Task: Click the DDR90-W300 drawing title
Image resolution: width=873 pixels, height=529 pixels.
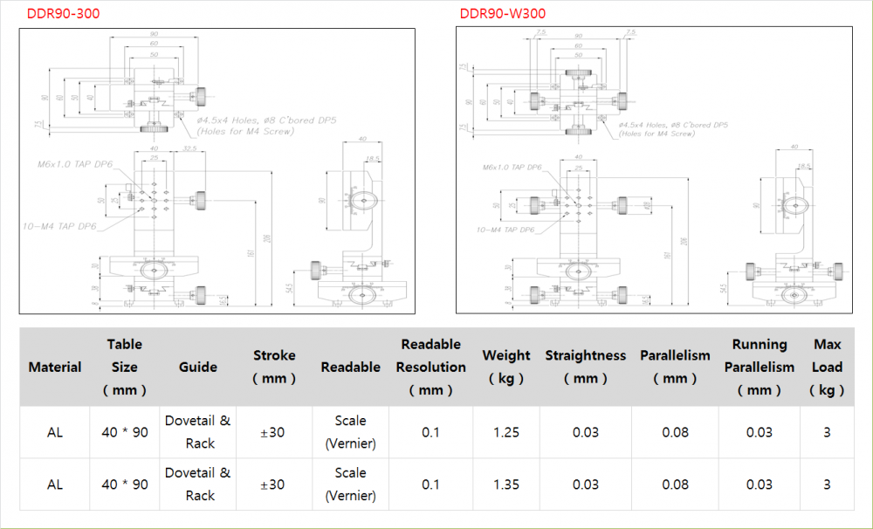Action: [x=502, y=13]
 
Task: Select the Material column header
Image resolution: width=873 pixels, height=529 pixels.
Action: [x=54, y=368]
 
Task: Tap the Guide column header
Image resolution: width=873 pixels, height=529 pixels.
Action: [x=198, y=368]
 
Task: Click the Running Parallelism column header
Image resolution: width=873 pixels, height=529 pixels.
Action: [x=759, y=368]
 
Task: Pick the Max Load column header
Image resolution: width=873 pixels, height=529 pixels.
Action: [x=827, y=368]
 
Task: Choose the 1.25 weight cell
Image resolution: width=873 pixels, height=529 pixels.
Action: [x=506, y=432]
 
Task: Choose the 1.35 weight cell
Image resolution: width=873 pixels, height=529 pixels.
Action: [x=506, y=484]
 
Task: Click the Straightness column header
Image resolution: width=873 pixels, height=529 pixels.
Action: [x=585, y=368]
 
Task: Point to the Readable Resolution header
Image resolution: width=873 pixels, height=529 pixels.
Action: [x=430, y=368]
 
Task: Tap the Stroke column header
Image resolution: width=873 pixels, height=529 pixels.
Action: [x=274, y=368]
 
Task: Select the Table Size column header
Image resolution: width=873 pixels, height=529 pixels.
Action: [x=124, y=368]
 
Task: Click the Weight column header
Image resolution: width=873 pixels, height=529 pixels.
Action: [x=506, y=368]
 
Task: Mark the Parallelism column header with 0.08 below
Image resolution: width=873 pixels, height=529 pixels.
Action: [x=675, y=368]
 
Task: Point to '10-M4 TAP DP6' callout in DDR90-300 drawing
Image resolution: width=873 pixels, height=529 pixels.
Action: [x=59, y=226]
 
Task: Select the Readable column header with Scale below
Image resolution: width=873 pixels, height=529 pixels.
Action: [x=350, y=368]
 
